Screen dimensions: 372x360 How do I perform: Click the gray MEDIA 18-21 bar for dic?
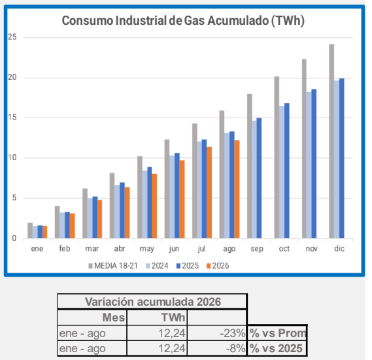[331, 141]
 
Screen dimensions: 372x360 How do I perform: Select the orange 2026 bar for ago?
[237, 189]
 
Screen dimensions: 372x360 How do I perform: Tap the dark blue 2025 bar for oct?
[287, 171]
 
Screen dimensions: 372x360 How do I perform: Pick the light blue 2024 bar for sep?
[254, 180]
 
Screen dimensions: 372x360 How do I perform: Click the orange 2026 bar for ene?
[45, 232]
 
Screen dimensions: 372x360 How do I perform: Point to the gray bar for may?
[140, 197]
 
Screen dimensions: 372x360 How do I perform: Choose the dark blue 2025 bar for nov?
[314, 163]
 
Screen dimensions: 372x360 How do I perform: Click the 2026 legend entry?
[218, 266]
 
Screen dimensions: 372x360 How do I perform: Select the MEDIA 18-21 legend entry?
[113, 266]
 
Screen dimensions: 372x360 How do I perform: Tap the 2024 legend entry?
[157, 266]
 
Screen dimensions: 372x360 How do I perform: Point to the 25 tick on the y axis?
[12, 37]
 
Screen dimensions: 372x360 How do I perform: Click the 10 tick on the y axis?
[12, 157]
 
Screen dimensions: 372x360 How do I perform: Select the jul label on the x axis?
[201, 248]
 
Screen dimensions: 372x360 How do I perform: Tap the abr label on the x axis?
[120, 248]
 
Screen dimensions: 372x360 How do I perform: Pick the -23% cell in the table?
[233, 333]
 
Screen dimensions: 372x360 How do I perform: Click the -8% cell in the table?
[235, 348]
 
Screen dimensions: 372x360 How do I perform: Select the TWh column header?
[173, 318]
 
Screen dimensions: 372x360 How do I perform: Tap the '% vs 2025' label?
[276, 348]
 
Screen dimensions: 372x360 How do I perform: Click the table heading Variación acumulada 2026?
[153, 302]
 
